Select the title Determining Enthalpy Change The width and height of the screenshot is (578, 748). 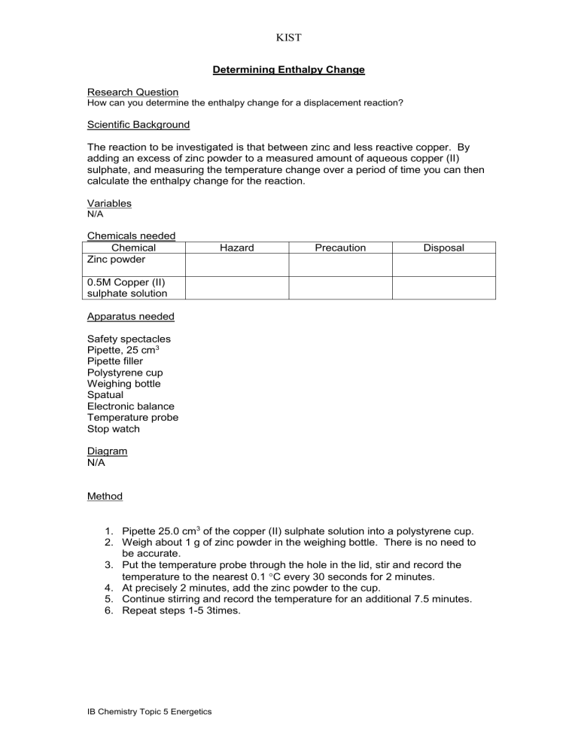coord(288,70)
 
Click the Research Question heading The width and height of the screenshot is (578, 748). coord(132,92)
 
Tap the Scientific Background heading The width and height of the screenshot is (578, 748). coord(138,124)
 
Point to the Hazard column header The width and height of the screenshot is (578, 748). coord(237,248)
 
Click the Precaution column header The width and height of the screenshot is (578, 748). coord(341,248)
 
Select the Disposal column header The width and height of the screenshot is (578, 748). coord(444,248)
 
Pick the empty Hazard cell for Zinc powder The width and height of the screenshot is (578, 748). coord(237,265)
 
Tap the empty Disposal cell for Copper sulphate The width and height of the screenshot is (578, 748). coord(444,287)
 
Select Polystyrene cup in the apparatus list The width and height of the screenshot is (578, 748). coord(125,372)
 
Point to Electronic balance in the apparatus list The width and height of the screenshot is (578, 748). coord(131,406)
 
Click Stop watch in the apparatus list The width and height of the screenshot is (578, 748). coord(114,429)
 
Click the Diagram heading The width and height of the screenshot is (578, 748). coord(107,451)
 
